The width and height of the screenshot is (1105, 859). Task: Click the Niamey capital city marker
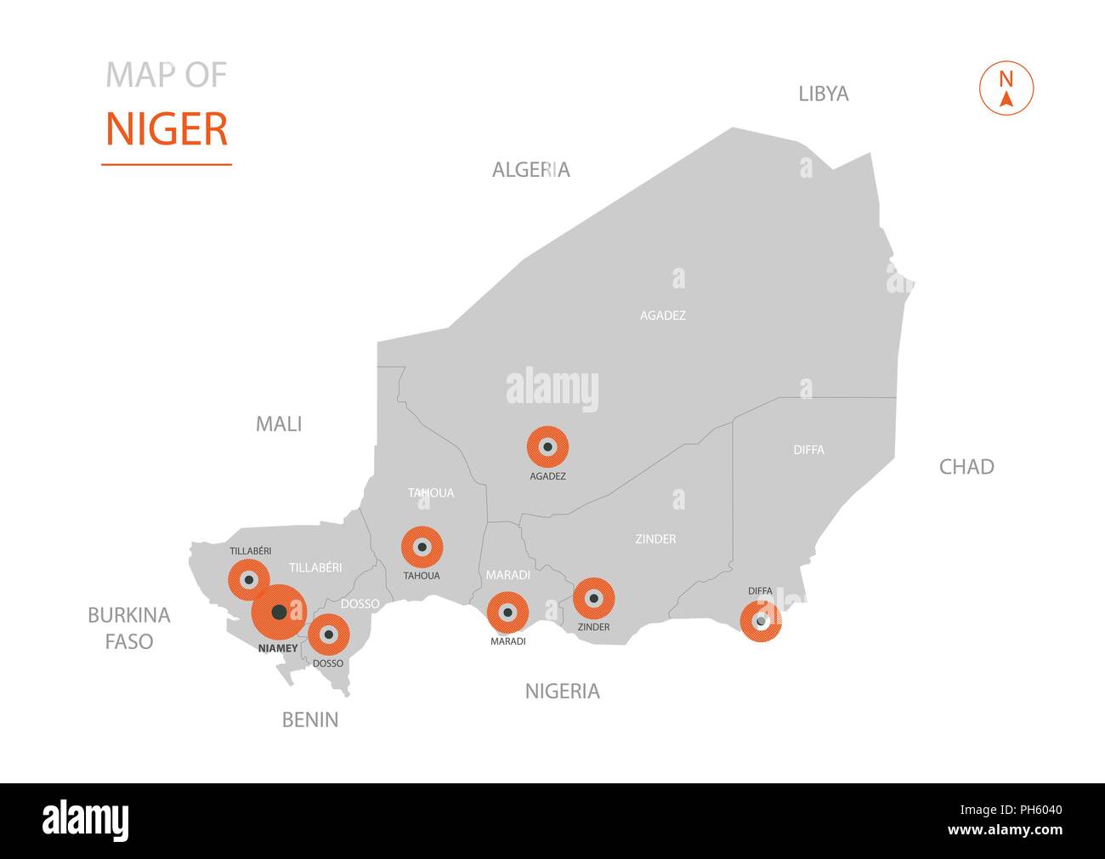pos(279,612)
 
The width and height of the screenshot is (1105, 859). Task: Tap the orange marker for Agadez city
pos(547,447)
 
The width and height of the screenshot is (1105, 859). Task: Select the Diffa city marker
pos(761,621)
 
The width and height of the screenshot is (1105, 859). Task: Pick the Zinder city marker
pos(593,599)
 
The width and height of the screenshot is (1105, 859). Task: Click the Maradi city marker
pos(507,612)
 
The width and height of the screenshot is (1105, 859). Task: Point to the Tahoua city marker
pos(422,548)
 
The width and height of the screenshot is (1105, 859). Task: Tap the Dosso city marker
pos(328,634)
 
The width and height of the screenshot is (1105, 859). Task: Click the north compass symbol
pos(1006,88)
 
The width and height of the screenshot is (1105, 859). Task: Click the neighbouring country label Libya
pos(823,94)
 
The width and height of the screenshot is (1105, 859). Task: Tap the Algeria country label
pos(531,170)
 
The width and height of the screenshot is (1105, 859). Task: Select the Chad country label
pos(966,466)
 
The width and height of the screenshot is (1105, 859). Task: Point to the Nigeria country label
pos(562,691)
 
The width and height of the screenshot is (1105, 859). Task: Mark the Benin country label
pos(310,720)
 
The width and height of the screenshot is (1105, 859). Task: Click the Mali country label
pos(279,424)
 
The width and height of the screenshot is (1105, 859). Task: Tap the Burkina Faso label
pos(129,628)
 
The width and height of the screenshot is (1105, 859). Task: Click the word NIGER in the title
pos(167,129)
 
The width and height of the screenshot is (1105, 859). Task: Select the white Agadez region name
pos(662,316)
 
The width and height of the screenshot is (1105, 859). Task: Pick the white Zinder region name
pos(655,539)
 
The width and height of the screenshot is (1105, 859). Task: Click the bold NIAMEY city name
pos(277,648)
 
